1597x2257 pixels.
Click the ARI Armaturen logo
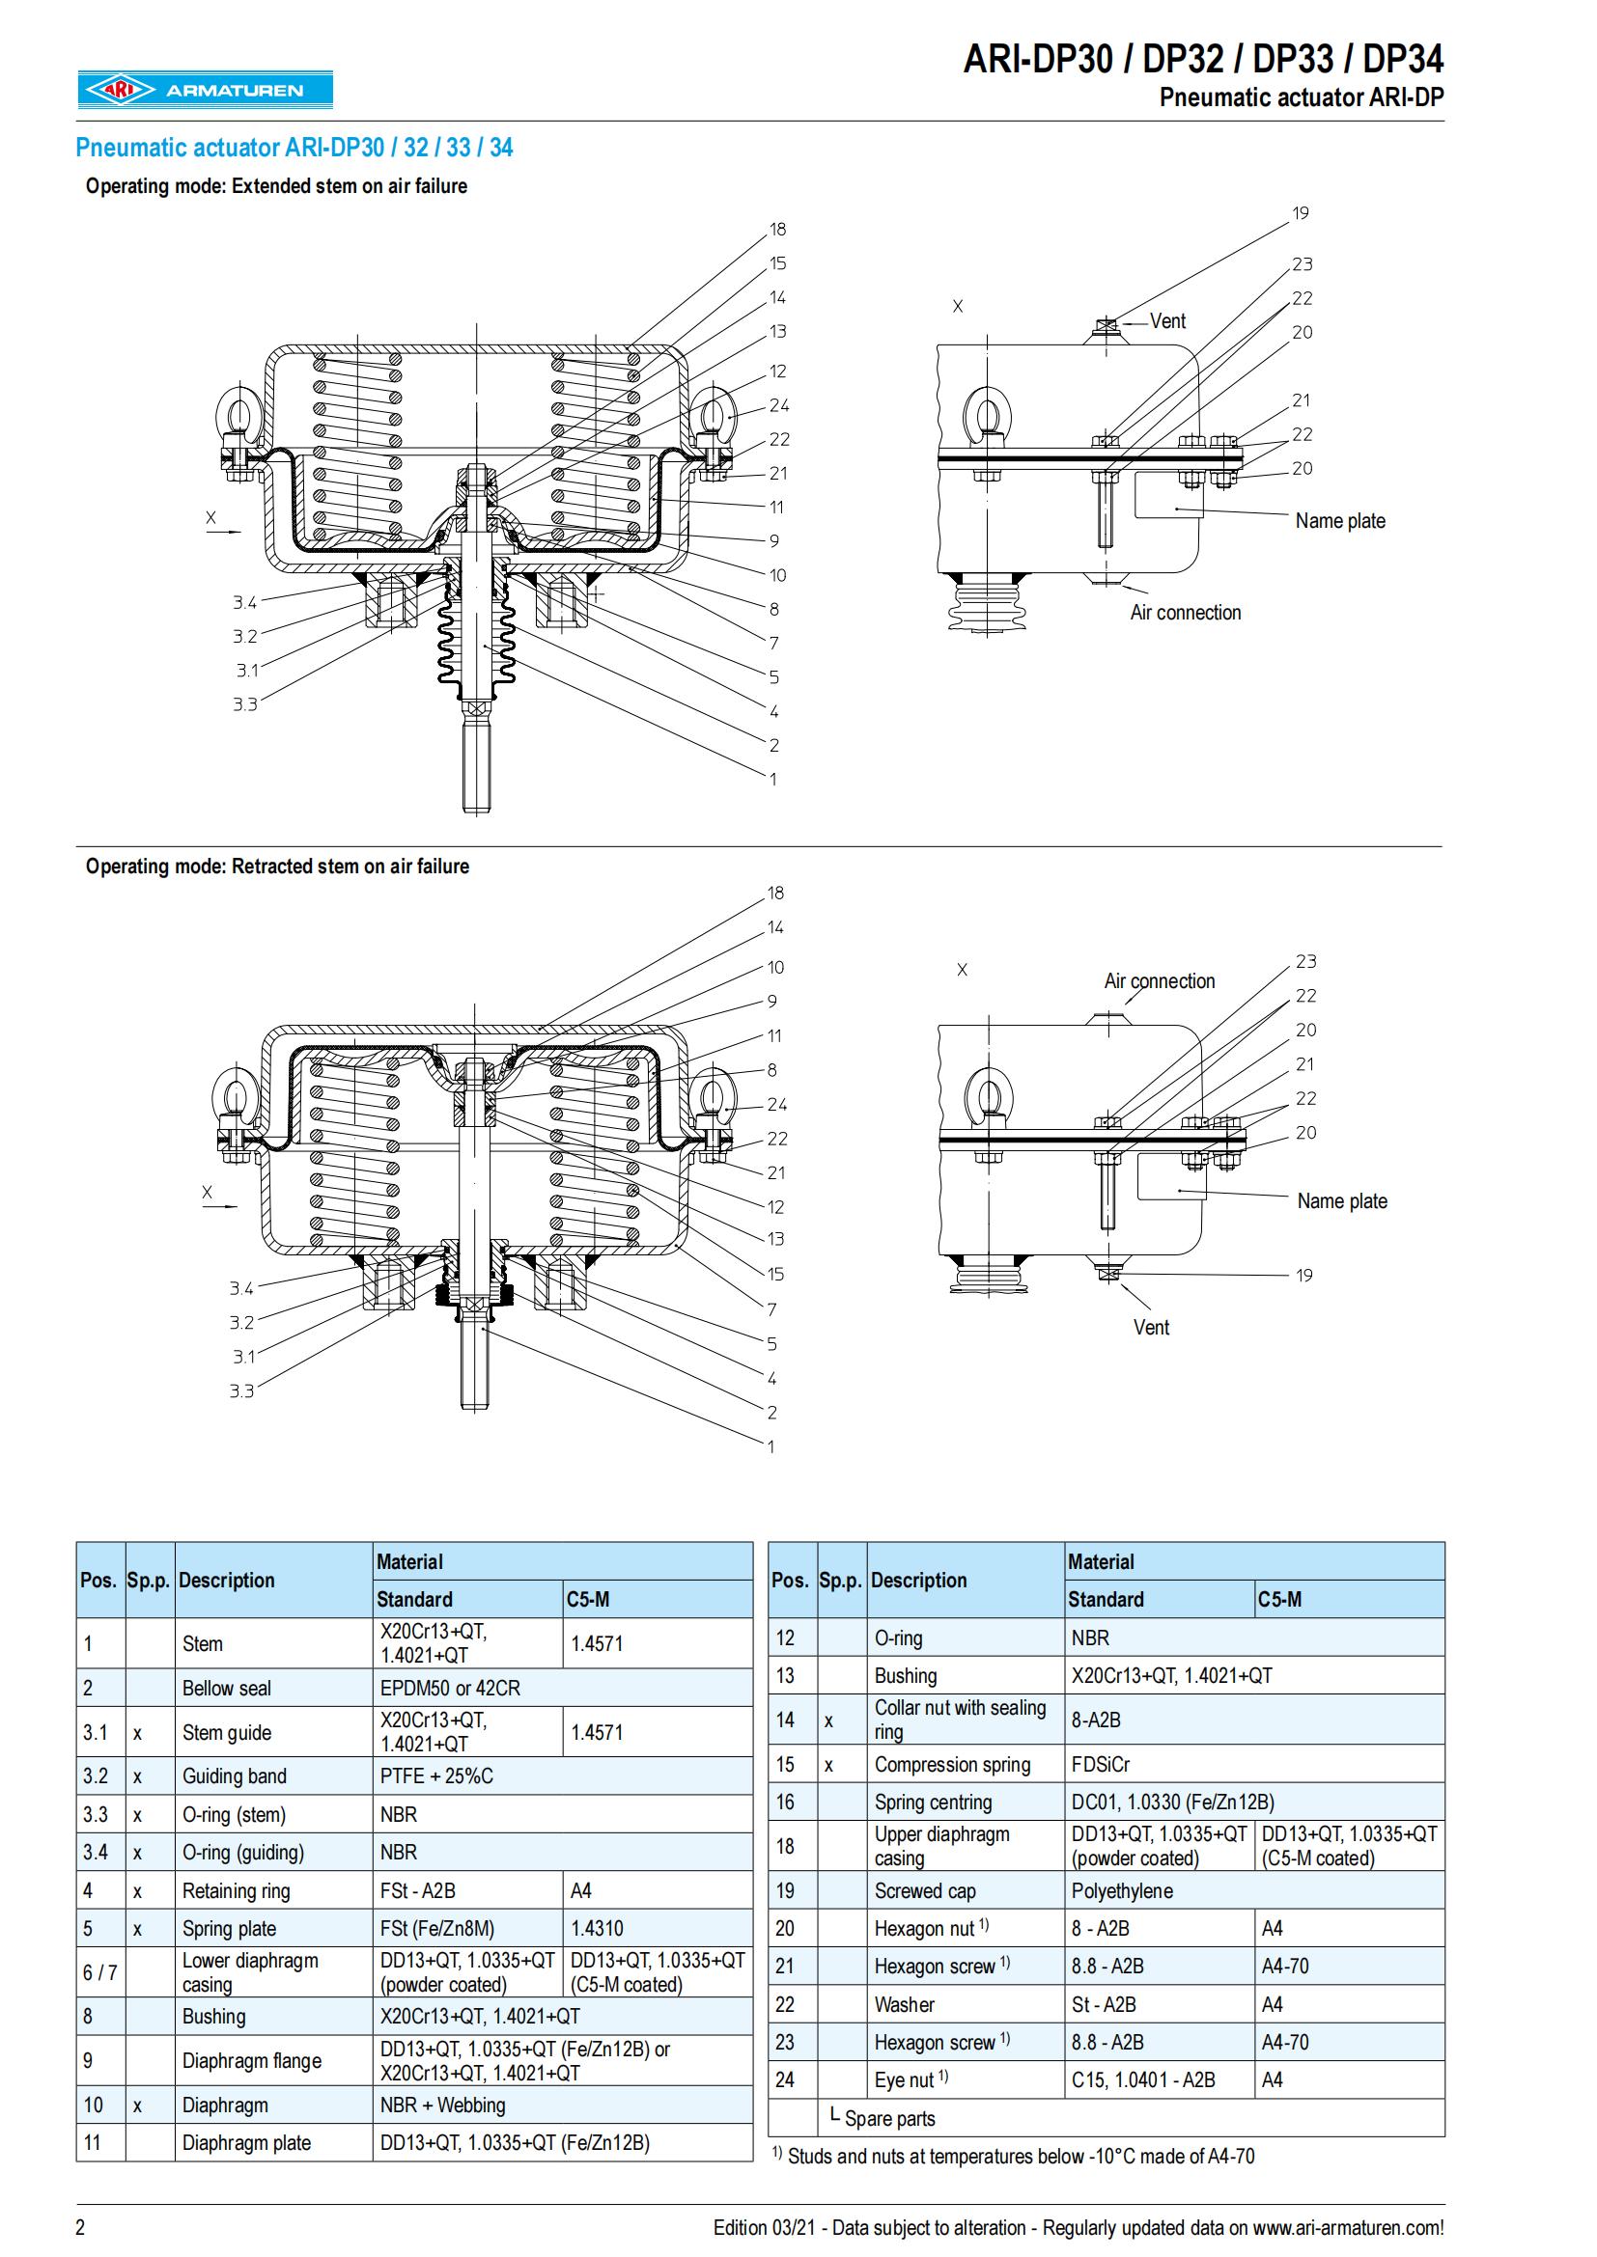coord(206,90)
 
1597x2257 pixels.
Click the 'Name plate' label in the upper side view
coord(1339,521)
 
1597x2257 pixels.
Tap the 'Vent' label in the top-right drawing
coord(1167,321)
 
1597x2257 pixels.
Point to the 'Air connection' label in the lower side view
coord(1159,981)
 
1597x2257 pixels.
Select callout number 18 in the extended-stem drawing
coord(778,229)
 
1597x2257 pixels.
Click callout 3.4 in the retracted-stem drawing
coord(242,1289)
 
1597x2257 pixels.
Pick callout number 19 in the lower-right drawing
coord(1303,1275)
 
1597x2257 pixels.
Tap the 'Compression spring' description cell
coord(952,1765)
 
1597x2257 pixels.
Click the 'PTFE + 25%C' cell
coord(436,1776)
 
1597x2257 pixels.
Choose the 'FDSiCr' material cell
coord(1101,1765)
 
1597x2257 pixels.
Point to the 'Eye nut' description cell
coord(904,2080)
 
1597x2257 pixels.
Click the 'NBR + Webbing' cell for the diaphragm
coord(442,2106)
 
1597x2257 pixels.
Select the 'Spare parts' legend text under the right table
coord(889,2118)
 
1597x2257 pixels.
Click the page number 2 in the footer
coord(81,2227)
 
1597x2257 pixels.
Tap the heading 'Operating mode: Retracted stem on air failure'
coord(277,866)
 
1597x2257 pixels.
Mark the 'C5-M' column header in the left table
coord(587,1599)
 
